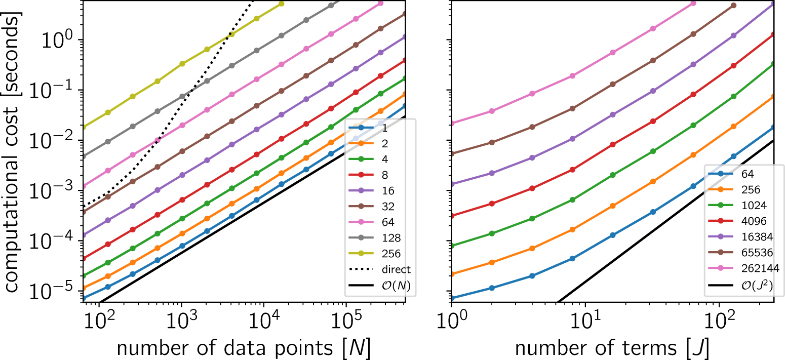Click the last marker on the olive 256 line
coord(282,4)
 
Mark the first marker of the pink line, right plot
coord(451,123)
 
